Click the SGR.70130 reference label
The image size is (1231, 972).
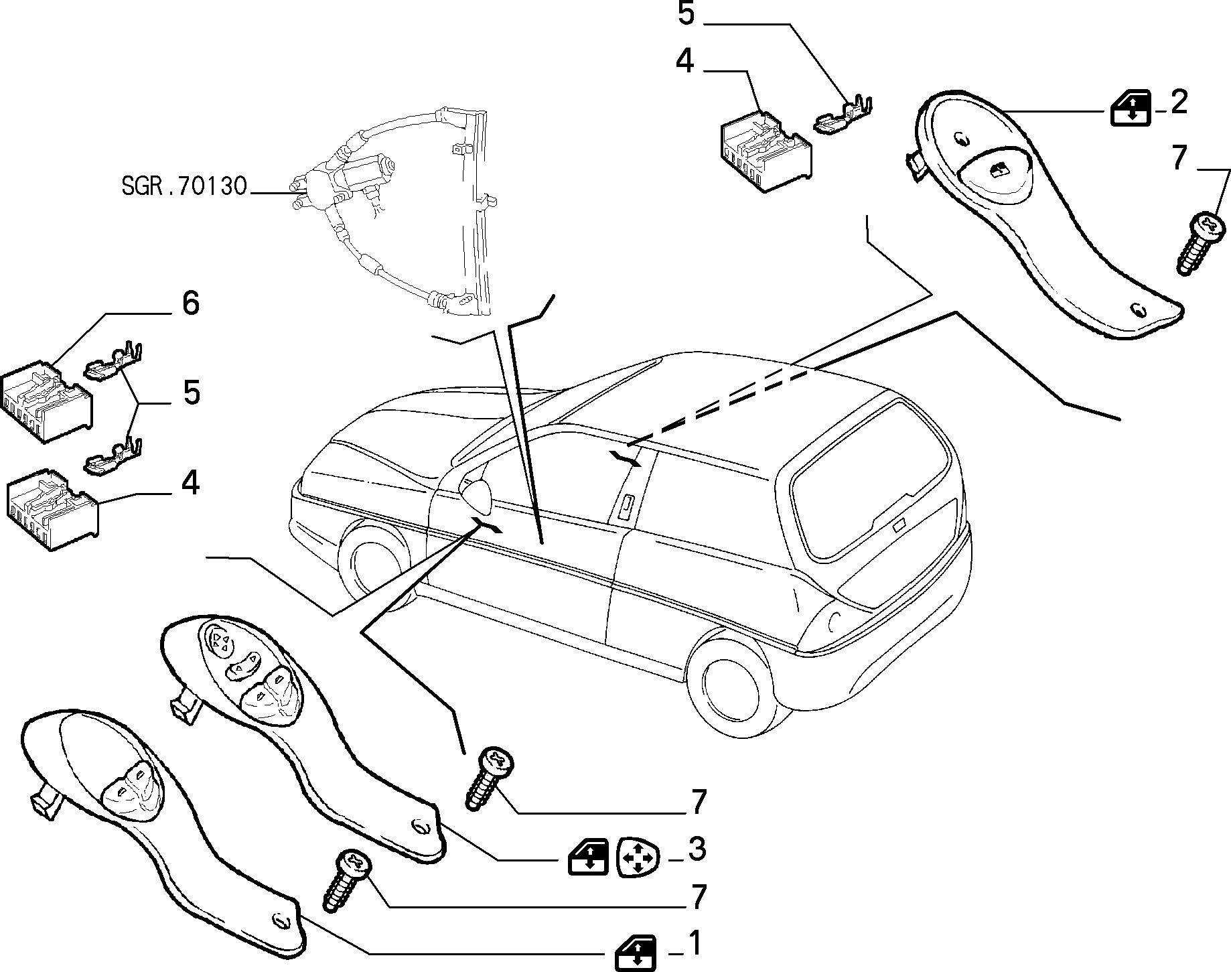(x=185, y=186)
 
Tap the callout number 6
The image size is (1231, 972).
(x=191, y=303)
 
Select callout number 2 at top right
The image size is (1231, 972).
(x=1178, y=102)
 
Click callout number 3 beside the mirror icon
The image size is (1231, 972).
(x=697, y=849)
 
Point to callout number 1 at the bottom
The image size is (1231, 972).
(x=696, y=944)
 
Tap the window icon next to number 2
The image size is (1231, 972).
(x=1131, y=108)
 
